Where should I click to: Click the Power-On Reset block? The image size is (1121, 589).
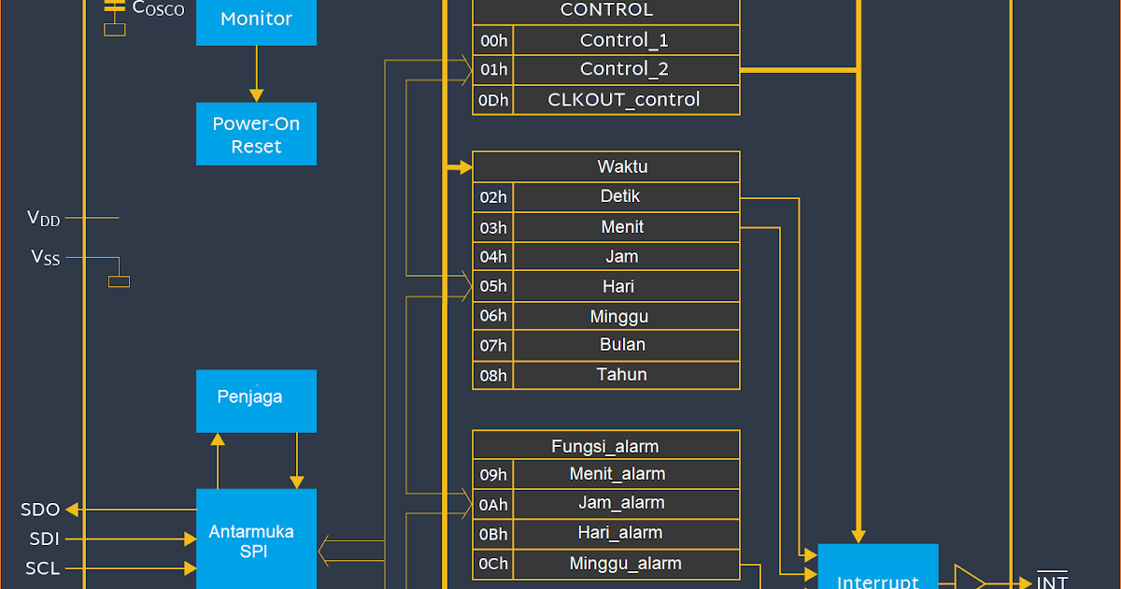(256, 135)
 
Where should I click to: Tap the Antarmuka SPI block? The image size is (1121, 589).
(256, 540)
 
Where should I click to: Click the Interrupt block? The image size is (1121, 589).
(877, 570)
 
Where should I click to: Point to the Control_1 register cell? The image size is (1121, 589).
(626, 40)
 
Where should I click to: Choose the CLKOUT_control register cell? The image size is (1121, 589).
(626, 100)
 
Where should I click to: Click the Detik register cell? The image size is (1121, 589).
(626, 197)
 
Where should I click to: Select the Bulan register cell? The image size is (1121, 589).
(626, 345)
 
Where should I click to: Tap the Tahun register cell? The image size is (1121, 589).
(626, 375)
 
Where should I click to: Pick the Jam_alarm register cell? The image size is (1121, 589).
(626, 504)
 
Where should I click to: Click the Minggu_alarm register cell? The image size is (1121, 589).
(626, 564)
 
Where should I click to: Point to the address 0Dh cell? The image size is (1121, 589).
(493, 100)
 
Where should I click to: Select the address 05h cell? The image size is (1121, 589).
(493, 287)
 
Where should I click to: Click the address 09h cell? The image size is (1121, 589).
(493, 474)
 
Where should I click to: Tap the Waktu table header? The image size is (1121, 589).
(606, 167)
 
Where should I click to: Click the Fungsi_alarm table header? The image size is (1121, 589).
(606, 446)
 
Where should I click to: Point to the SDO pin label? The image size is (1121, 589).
(40, 510)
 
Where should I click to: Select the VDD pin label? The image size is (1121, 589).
(44, 219)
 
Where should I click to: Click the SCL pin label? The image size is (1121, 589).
(42, 568)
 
